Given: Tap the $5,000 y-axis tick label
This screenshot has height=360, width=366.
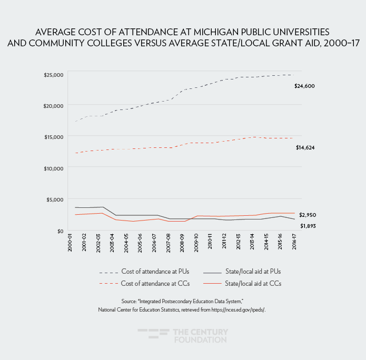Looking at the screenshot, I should click(55, 199).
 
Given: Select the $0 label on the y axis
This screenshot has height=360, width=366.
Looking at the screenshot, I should click(61, 231).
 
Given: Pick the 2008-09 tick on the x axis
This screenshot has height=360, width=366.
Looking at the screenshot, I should click(182, 244).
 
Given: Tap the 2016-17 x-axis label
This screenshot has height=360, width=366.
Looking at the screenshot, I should click(294, 244).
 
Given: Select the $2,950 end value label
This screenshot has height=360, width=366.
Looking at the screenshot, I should click(308, 215).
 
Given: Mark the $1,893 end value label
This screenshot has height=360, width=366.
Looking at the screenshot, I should click(308, 226).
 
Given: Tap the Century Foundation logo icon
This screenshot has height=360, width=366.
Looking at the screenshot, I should click(153, 336).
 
